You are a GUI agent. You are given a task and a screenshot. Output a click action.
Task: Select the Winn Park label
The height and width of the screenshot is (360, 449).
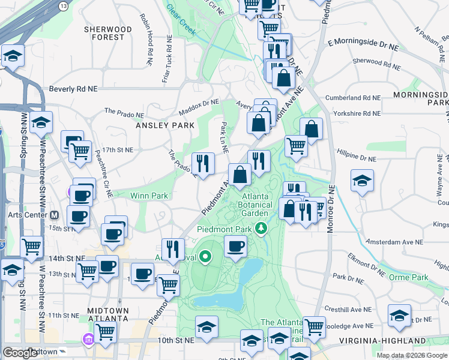pyautogui.click(x=149, y=195)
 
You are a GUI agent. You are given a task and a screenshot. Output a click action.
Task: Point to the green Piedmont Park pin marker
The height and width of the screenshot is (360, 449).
pyautogui.click(x=261, y=228)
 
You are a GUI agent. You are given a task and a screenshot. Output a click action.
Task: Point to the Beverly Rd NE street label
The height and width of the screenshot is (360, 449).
pyautogui.click(x=73, y=89)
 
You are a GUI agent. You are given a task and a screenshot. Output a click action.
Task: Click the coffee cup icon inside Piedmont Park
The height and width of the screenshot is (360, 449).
pyautogui.click(x=235, y=246)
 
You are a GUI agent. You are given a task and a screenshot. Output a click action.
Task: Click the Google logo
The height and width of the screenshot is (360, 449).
pyautogui.click(x=20, y=352)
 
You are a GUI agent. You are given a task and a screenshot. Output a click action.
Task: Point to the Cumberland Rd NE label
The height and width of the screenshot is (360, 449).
pyautogui.click(x=352, y=98)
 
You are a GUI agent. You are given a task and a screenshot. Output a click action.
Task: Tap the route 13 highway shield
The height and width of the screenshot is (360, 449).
pyautogui.click(x=64, y=5)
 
